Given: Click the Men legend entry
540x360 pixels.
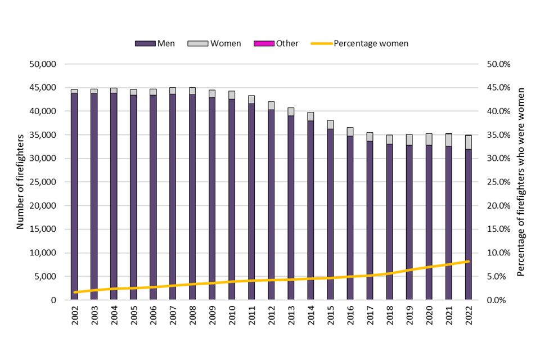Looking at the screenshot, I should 155,43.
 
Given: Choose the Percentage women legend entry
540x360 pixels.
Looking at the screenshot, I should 359,43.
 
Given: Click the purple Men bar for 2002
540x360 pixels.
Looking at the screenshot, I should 74,197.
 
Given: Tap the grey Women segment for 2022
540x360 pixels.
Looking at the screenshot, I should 468,142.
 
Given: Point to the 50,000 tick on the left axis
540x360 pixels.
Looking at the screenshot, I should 42,64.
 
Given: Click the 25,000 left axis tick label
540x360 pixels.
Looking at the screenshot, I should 42,182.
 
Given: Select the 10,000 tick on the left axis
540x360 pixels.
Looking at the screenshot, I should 42,253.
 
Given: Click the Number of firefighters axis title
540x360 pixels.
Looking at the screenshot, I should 20,182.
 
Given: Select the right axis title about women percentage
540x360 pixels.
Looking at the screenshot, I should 521,182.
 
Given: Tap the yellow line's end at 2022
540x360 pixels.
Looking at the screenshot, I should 468,262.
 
